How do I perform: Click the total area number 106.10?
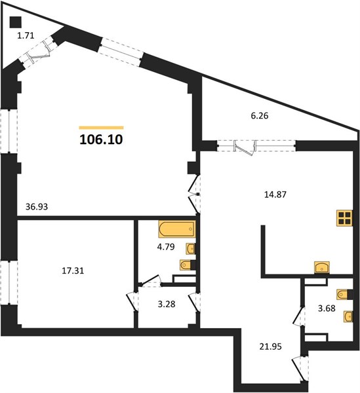(101, 140)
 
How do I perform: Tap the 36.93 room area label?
(37, 207)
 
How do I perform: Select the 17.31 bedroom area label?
(73, 271)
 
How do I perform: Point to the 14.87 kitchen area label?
(275, 195)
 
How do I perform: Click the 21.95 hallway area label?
(270, 346)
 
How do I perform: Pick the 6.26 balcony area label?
(260, 116)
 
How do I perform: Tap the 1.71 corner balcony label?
(26, 35)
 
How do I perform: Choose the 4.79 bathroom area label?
(166, 247)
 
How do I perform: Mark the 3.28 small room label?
(167, 305)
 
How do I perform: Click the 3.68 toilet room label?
(327, 308)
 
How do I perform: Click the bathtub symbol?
(177, 229)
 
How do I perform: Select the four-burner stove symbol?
(344, 218)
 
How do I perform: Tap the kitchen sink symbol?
(322, 267)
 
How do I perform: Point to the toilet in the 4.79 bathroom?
(188, 265)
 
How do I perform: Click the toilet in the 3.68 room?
(345, 294)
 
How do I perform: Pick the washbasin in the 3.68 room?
(348, 316)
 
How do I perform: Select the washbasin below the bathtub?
(191, 249)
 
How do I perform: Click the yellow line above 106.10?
(102, 128)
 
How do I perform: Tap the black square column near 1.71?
(16, 22)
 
